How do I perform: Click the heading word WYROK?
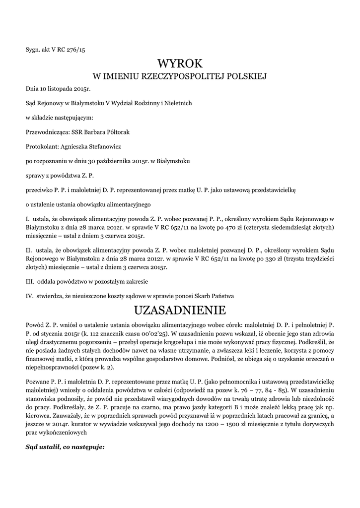(180, 63)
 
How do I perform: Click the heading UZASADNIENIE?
(180, 311)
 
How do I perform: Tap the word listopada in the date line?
(56, 89)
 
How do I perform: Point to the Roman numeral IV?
(29, 296)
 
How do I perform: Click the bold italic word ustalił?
(48, 447)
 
